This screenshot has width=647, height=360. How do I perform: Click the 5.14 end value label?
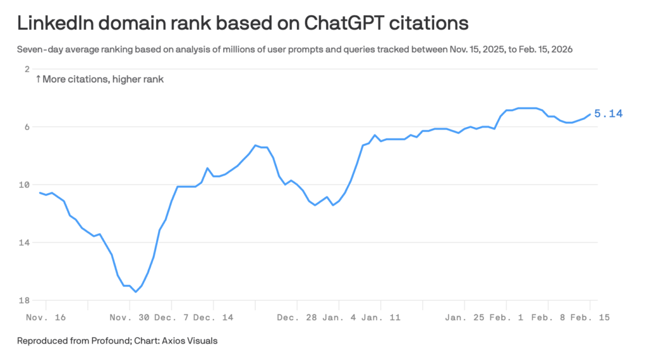[608, 114]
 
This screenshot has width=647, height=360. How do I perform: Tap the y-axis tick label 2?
[27, 69]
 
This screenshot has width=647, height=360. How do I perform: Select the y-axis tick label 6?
[27, 127]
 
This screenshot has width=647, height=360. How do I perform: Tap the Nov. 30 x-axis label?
[130, 317]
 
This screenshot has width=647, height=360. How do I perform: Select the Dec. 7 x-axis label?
[172, 317]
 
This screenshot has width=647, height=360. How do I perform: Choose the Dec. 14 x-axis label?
[214, 317]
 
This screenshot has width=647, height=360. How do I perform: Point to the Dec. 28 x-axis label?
[296, 317]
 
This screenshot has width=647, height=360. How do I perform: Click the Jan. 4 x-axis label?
[339, 317]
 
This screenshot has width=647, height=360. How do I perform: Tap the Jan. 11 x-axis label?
[381, 317]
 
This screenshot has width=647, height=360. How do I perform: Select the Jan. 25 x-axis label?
[466, 317]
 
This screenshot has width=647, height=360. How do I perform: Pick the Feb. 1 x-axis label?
[507, 317]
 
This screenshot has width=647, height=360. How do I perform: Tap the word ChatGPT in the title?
[342, 23]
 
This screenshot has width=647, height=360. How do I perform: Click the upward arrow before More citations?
[38, 80]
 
